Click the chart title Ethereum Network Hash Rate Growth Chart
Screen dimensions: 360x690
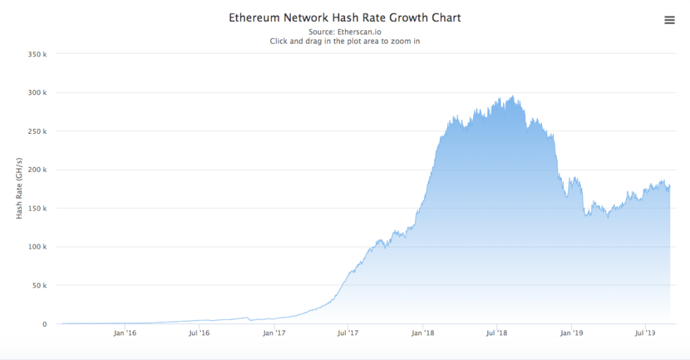[344, 18]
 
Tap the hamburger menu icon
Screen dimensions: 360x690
[670, 20]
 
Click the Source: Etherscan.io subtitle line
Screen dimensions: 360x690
[344, 32]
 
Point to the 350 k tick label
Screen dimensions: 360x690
[37, 54]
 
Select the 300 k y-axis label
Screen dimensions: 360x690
[37, 93]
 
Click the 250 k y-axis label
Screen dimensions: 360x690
[37, 132]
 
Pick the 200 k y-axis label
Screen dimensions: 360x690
[37, 170]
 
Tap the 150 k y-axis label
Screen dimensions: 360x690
[37, 209]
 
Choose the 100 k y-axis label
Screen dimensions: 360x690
[37, 247]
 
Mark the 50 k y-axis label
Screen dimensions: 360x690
[38, 286]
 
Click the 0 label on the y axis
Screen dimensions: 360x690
[44, 325]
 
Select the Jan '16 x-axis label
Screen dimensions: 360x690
[125, 333]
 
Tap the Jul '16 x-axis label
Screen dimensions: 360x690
[199, 333]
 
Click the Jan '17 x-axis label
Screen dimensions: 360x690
[274, 333]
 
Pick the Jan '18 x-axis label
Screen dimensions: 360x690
[422, 333]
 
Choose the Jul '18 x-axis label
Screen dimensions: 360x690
[497, 333]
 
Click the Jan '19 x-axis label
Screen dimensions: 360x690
[572, 333]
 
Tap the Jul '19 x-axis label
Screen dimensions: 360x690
[646, 333]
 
